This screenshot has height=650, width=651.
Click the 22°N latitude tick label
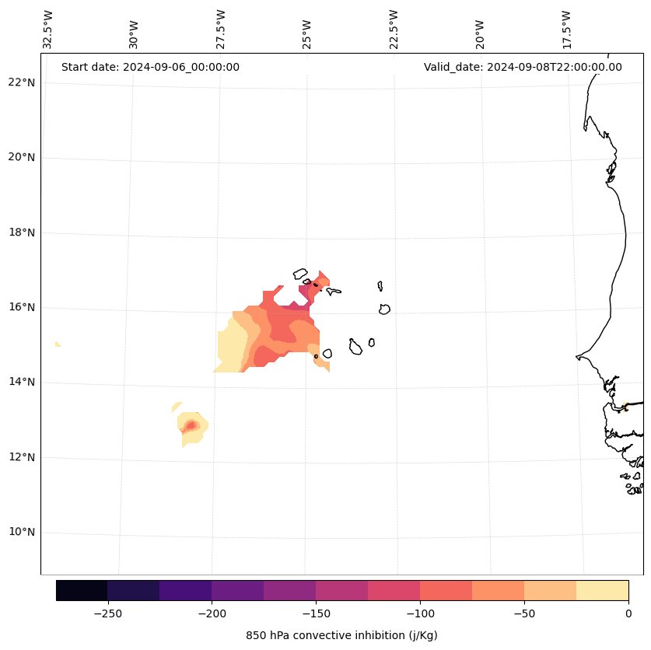pyautogui.click(x=22, y=82)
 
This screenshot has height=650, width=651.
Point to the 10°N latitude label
pyautogui.click(x=22, y=533)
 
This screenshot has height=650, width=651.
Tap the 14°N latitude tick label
pyautogui.click(x=22, y=383)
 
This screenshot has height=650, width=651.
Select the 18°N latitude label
pyautogui.click(x=22, y=232)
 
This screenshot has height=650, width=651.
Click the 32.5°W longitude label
pyautogui.click(x=48, y=30)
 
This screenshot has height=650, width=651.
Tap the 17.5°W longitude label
pyautogui.click(x=566, y=30)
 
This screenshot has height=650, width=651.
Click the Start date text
pyautogui.click(x=150, y=67)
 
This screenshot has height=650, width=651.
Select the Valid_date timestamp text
pyautogui.click(x=523, y=67)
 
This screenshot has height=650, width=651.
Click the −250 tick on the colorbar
pyautogui.click(x=107, y=613)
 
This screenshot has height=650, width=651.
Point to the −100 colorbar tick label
pyautogui.click(x=420, y=613)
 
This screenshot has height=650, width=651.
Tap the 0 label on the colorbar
pyautogui.click(x=628, y=613)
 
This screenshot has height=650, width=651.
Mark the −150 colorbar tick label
pyautogui.click(x=316, y=613)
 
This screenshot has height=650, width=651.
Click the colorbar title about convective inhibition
pyautogui.click(x=341, y=635)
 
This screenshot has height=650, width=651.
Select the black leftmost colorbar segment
pyautogui.click(x=82, y=590)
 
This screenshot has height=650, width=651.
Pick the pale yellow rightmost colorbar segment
pyautogui.click(x=602, y=590)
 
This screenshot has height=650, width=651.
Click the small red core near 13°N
pyautogui.click(x=191, y=425)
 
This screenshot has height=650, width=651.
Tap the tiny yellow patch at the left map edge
pyautogui.click(x=58, y=344)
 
